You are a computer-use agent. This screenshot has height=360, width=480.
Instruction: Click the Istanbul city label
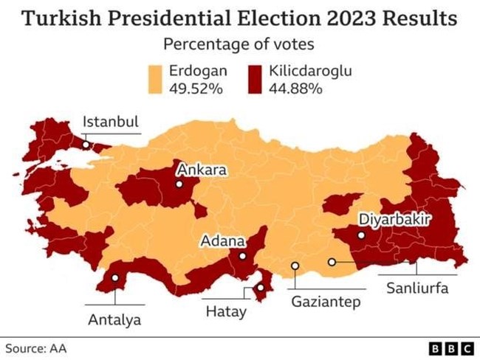111,122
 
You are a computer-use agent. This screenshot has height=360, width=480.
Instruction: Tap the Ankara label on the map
201,170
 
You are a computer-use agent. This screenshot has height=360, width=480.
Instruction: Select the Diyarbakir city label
394,219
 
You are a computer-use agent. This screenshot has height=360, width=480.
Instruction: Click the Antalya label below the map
114,320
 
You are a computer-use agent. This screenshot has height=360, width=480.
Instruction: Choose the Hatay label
225,312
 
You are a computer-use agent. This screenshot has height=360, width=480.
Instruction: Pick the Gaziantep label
325,301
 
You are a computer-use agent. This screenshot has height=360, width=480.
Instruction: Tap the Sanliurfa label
417,288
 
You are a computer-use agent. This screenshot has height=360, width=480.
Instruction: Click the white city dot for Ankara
179,184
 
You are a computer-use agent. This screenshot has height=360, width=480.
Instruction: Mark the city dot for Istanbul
86,145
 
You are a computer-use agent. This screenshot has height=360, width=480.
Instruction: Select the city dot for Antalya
115,278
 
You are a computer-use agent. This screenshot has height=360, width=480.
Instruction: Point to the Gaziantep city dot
295,266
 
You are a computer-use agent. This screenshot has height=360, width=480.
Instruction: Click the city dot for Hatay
261,288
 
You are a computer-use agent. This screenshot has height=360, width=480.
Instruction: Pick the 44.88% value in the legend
298,89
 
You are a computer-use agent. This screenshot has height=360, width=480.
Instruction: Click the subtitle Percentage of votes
239,44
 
